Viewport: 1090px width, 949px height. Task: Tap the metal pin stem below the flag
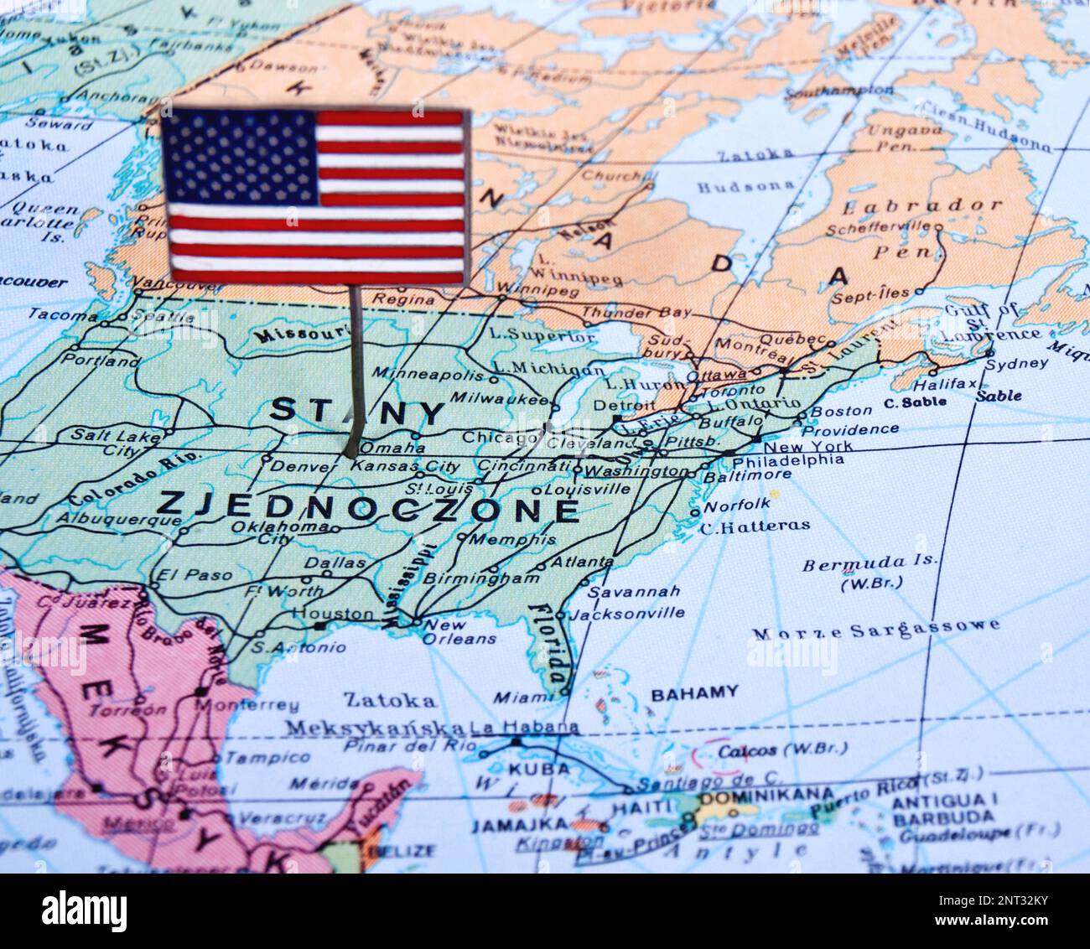coord(356,369)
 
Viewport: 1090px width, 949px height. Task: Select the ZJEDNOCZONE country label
coord(367,506)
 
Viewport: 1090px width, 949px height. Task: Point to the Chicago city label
coord(500,437)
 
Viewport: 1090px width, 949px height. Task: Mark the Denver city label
coord(304,465)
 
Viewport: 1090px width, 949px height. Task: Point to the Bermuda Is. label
coord(869,564)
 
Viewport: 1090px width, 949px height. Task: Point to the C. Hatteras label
coord(755,526)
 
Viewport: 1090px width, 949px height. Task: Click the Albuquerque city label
coord(118,519)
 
